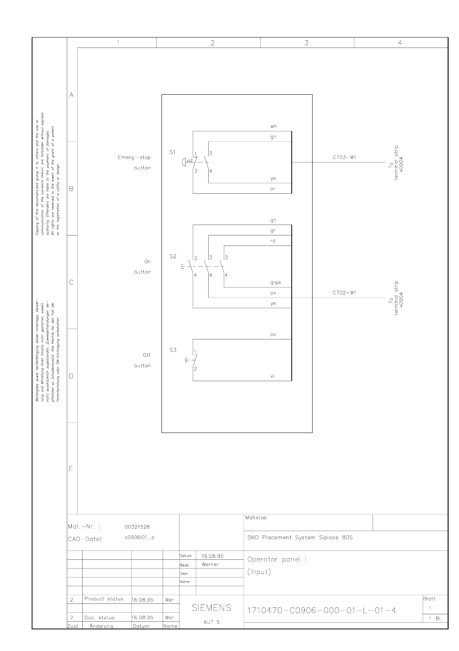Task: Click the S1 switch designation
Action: (173, 152)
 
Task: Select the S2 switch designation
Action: (173, 256)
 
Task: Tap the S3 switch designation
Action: (173, 350)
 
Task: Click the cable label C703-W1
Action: (344, 157)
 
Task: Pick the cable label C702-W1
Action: (344, 293)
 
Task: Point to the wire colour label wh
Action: (273, 126)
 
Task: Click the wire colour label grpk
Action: (275, 283)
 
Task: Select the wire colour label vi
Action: (272, 376)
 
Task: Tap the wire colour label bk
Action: (273, 335)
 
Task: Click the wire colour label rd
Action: (273, 241)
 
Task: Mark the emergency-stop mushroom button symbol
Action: (184, 161)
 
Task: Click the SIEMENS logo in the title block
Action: (211, 608)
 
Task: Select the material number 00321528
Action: (137, 527)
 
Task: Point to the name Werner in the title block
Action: (210, 564)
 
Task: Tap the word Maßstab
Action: (256, 518)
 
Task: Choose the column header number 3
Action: (306, 43)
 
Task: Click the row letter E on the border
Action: (71, 469)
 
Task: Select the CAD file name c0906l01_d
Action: (139, 538)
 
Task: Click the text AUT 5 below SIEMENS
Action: (211, 622)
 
